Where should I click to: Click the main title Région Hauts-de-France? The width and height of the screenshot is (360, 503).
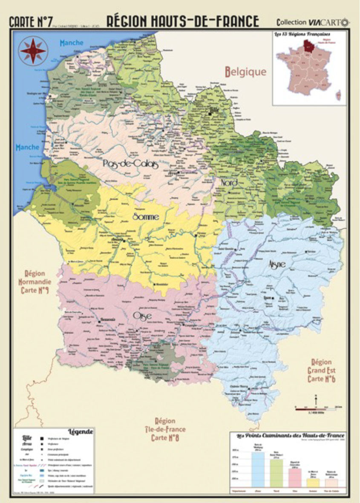pyautogui.click(x=182, y=21)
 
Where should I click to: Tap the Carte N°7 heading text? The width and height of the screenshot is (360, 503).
pyautogui.click(x=29, y=21)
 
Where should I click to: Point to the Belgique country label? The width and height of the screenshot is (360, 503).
pyautogui.click(x=246, y=72)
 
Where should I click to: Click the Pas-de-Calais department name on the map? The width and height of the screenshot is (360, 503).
pyautogui.click(x=130, y=164)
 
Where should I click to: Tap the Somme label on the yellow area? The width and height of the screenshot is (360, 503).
pyautogui.click(x=146, y=216)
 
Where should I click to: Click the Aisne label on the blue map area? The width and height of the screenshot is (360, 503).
pyautogui.click(x=276, y=264)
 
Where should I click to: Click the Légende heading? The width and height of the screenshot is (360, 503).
pyautogui.click(x=80, y=431)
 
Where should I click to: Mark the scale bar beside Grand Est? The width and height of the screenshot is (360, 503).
pyautogui.click(x=315, y=408)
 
